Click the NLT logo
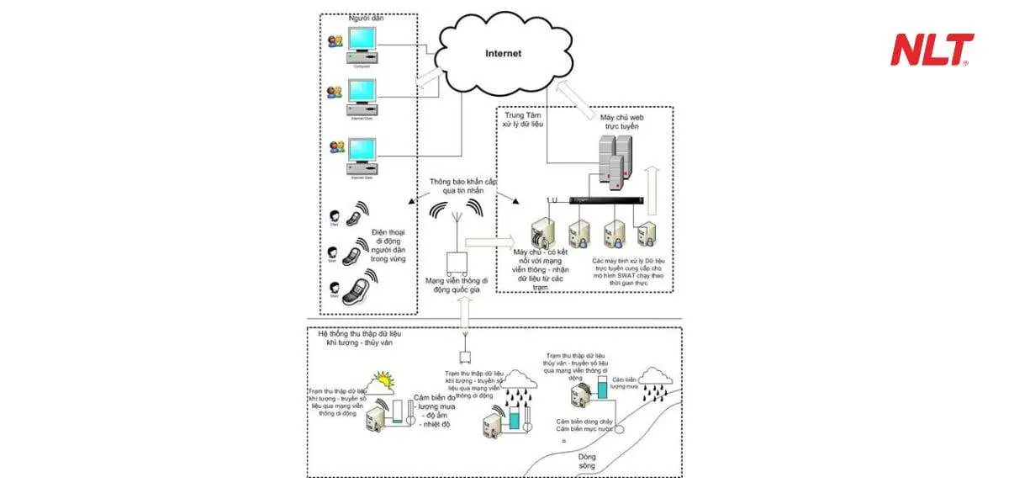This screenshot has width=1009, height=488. click(x=932, y=50)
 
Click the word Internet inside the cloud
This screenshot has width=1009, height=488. click(x=504, y=54)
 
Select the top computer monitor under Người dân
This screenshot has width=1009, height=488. click(x=362, y=42)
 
